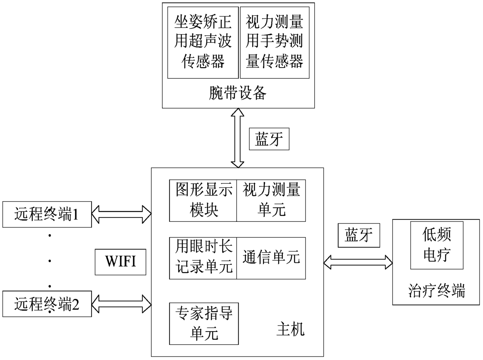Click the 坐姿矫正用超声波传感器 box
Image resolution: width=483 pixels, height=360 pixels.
[x=203, y=42]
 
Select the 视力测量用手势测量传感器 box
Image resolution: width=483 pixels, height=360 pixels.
[x=275, y=42]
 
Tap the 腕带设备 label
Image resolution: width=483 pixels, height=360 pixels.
[x=238, y=93]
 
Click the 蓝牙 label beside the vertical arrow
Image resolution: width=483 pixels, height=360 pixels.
[x=269, y=139]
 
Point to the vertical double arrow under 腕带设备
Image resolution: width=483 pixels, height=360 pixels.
[x=237, y=138]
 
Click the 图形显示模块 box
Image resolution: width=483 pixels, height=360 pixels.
[x=203, y=200]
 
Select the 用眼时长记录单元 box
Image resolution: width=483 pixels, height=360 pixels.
[x=203, y=258]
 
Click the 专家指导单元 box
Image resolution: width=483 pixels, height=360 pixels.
[x=204, y=323]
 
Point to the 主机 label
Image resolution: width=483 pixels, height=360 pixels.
[x=291, y=330]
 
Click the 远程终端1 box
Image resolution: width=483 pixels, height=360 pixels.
[x=47, y=214]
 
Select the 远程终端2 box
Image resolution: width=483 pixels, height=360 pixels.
[x=47, y=304]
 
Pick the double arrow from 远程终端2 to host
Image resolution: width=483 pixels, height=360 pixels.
[x=122, y=303]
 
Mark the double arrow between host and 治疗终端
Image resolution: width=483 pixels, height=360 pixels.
[x=358, y=262]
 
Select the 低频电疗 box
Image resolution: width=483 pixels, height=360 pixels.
[x=437, y=245]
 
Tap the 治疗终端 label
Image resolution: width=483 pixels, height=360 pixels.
[x=437, y=291]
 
